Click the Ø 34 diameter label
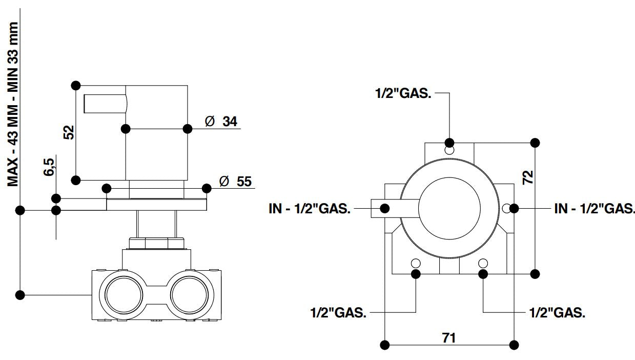[221, 122]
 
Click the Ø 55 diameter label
[235, 182]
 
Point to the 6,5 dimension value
[49, 168]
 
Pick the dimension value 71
[449, 337]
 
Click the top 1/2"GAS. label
[403, 94]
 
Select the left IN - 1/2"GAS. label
[310, 209]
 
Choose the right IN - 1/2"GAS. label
[595, 209]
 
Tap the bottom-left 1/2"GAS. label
[338, 312]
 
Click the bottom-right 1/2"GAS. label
[557, 312]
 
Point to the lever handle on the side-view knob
[105, 104]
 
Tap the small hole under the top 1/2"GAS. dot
[449, 151]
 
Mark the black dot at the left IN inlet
[384, 208]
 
